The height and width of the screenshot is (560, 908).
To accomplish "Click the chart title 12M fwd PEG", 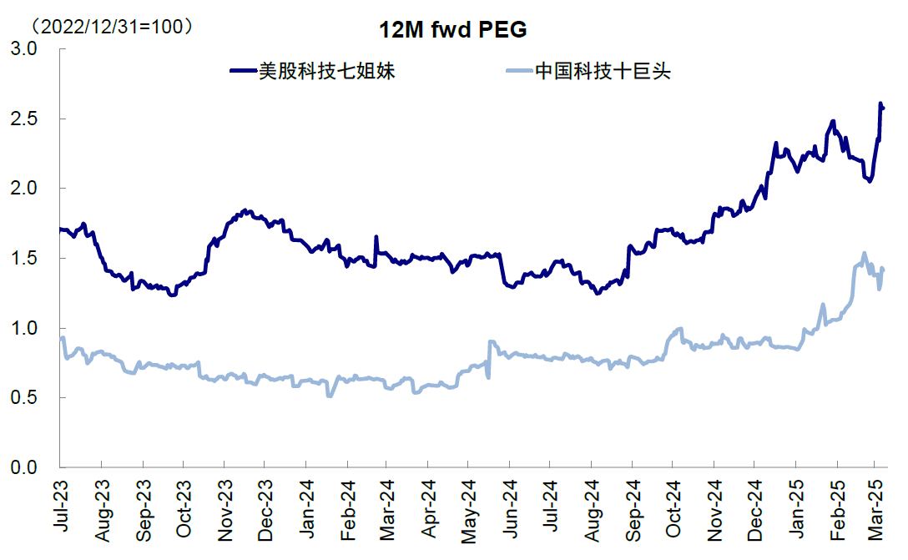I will coord(454,30).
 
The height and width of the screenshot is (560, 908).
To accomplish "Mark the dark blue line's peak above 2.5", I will coord(880,103).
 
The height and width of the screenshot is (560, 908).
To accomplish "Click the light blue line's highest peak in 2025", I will coord(864,253).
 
